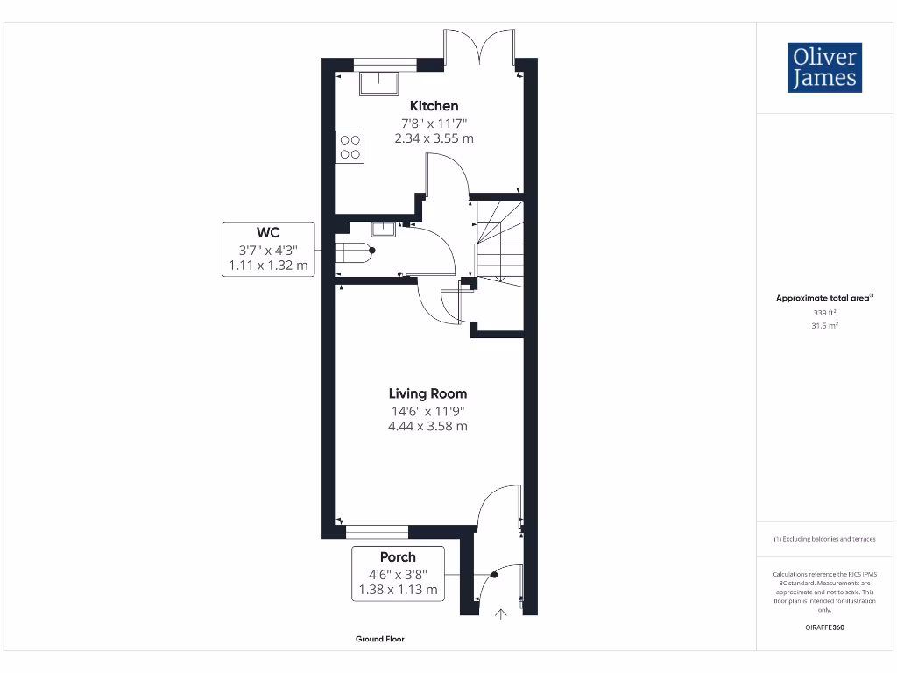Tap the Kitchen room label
434,106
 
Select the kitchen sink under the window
377,82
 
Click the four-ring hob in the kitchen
350,146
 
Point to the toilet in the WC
357,252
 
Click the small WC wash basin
383,230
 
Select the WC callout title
267,232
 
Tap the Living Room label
427,393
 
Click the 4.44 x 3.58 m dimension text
427,426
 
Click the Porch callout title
398,556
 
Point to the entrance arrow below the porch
501,614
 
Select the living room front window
377,531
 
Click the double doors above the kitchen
478,47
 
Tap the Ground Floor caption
380,639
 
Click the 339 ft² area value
825,312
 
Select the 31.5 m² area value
825,325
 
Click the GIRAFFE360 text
824,627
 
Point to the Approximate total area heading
823,298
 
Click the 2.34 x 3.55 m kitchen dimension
434,138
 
